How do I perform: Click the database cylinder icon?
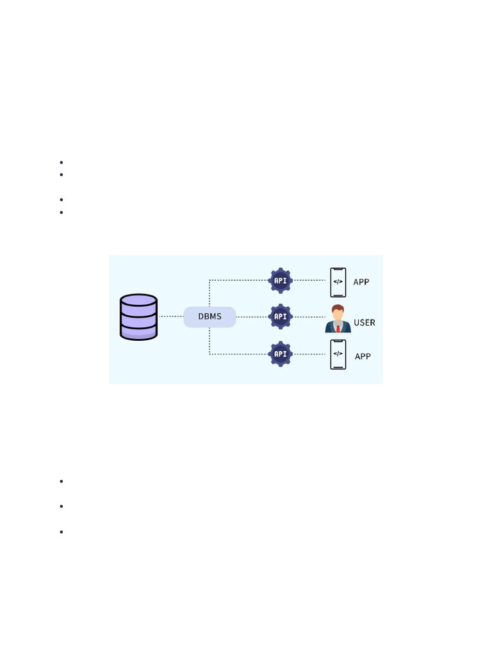coord(138,316)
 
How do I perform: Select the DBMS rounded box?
coord(209,317)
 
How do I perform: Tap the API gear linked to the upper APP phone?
coord(280,281)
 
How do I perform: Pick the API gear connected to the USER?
coord(280,316)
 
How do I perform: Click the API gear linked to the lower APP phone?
coord(280,354)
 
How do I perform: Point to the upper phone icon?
coord(338,282)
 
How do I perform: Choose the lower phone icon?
coord(338,354)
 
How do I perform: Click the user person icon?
coord(338,318)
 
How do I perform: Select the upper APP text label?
coord(361,282)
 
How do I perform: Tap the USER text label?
coord(365,322)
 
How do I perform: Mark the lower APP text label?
coord(363,356)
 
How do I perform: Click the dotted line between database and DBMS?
coord(170,316)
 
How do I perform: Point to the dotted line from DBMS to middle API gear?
coord(252,316)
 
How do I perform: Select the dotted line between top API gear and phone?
coord(310,281)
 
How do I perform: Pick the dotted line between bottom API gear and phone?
coord(310,354)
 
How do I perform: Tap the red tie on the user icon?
coord(338,328)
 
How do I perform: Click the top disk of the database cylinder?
coord(138,300)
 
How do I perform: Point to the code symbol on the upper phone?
coord(338,281)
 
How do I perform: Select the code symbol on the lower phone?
coord(338,353)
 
